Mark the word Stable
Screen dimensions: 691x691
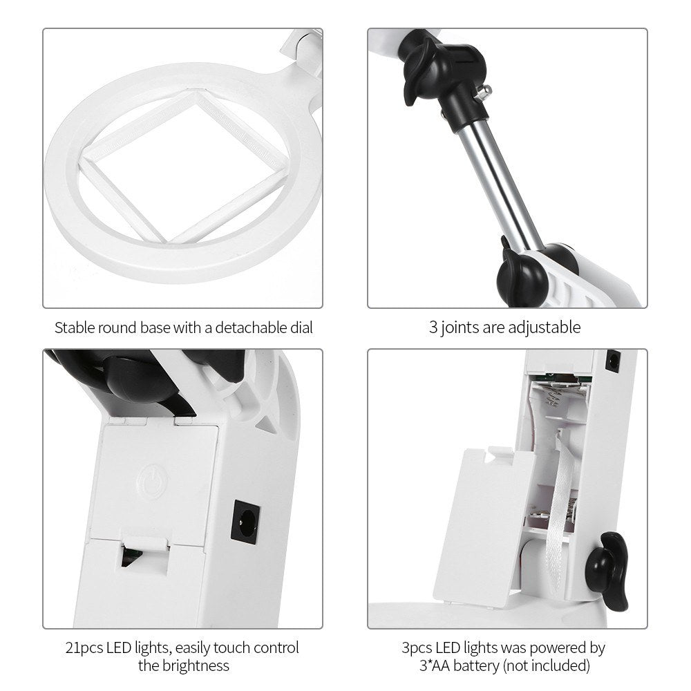click(x=75, y=327)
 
